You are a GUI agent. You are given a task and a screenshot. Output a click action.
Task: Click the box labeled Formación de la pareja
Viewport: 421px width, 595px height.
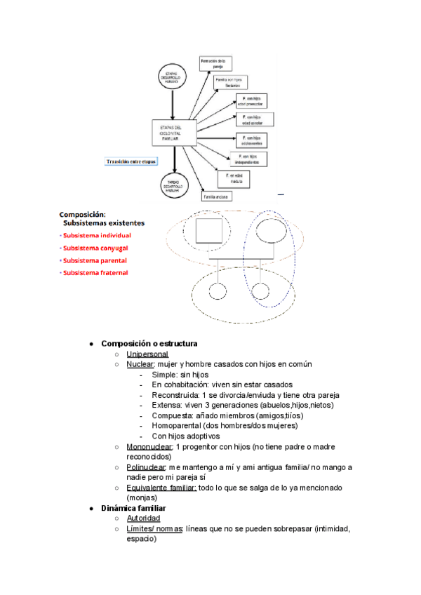[x=213, y=65]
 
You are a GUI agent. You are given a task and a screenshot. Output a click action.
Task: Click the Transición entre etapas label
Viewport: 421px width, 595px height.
[x=131, y=160]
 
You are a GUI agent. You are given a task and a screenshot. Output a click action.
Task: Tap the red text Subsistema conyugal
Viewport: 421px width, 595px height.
[x=95, y=248]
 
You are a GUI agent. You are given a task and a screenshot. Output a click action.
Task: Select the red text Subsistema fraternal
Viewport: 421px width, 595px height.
[x=95, y=273]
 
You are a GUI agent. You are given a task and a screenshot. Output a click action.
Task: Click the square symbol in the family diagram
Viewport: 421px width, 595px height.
[x=208, y=232]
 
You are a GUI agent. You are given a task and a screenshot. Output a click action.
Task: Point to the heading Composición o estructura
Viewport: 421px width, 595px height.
[x=149, y=344]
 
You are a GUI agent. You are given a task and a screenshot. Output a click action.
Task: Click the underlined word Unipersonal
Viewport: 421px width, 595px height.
[x=147, y=354]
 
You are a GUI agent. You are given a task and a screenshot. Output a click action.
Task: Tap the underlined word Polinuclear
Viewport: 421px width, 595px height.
[x=147, y=467]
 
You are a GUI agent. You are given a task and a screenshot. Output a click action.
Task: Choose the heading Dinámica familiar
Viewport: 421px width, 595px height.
[x=134, y=508]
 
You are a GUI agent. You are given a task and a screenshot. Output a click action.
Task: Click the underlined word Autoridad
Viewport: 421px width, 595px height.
[x=143, y=519]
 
